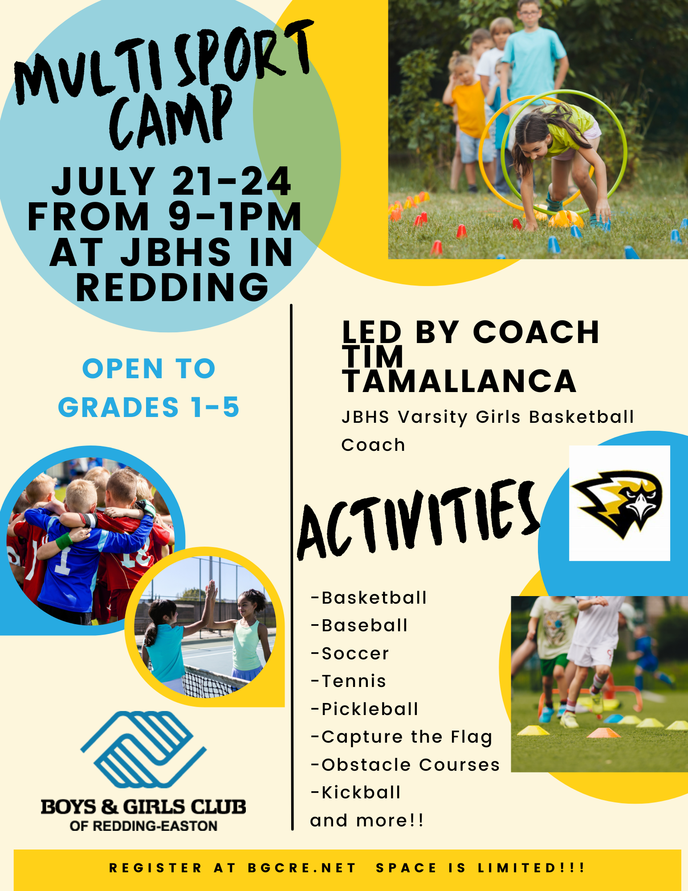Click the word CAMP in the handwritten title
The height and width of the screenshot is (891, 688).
(171, 118)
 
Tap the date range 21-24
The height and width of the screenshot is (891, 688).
(232, 181)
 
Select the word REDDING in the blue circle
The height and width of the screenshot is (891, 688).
(172, 287)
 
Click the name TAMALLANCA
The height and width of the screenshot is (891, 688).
(459, 381)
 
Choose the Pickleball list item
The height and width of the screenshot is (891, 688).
(365, 709)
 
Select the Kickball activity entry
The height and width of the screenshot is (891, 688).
(356, 793)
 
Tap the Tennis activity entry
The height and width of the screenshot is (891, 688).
(348, 681)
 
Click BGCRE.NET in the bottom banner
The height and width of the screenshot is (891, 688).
(302, 868)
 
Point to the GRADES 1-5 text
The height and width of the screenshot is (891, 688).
(149, 407)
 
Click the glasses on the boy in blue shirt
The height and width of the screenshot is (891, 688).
(529, 13)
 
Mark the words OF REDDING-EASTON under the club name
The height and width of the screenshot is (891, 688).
(143, 826)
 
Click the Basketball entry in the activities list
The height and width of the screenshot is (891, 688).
(369, 597)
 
